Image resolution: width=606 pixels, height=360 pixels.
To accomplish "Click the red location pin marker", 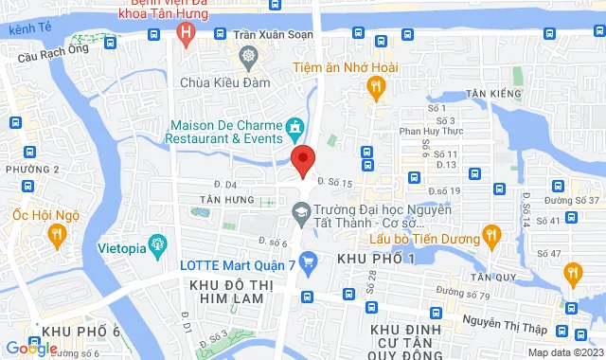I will (302, 159).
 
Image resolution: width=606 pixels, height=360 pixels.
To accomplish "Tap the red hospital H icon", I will (187, 34).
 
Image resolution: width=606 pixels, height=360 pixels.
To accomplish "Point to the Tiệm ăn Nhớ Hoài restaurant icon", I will (376, 86).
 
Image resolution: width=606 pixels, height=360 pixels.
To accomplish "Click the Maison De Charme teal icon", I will (295, 126).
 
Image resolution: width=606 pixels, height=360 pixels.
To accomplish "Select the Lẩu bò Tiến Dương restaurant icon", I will (490, 234).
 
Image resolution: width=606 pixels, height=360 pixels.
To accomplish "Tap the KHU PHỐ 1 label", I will (376, 259).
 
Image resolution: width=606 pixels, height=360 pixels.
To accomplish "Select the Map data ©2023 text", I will (563, 352).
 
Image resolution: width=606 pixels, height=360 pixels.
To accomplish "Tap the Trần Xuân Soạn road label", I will (272, 34).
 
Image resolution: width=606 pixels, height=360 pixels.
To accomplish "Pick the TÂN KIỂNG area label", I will (493, 95).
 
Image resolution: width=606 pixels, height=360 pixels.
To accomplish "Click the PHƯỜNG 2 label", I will (31, 169).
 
